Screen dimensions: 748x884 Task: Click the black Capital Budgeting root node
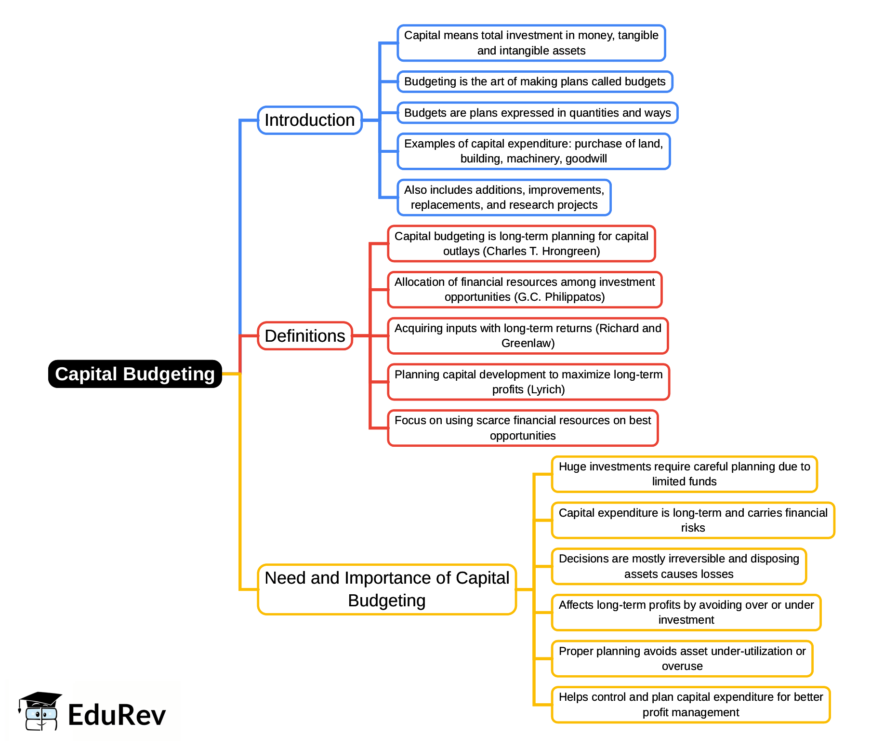(x=135, y=374)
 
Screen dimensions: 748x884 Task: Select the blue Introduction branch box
(x=309, y=120)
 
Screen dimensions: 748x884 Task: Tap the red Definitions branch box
(x=304, y=336)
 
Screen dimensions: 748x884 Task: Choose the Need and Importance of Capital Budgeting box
(x=386, y=589)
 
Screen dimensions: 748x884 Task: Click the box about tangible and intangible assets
(x=531, y=43)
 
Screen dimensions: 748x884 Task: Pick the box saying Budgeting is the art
(x=534, y=81)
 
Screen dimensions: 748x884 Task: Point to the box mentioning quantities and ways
(x=537, y=113)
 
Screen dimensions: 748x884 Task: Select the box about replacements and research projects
(x=504, y=198)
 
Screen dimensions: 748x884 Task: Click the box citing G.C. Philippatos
(x=524, y=290)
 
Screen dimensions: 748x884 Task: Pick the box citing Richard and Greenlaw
(x=528, y=335)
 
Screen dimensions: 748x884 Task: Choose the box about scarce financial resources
(x=522, y=428)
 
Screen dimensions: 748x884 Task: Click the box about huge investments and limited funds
(x=684, y=474)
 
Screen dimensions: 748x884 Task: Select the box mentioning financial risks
(x=693, y=520)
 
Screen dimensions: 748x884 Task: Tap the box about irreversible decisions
(x=678, y=566)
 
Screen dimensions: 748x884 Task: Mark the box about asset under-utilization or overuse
(x=682, y=658)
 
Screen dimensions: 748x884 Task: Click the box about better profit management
(x=690, y=705)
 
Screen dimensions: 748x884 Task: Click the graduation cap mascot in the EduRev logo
(x=40, y=711)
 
